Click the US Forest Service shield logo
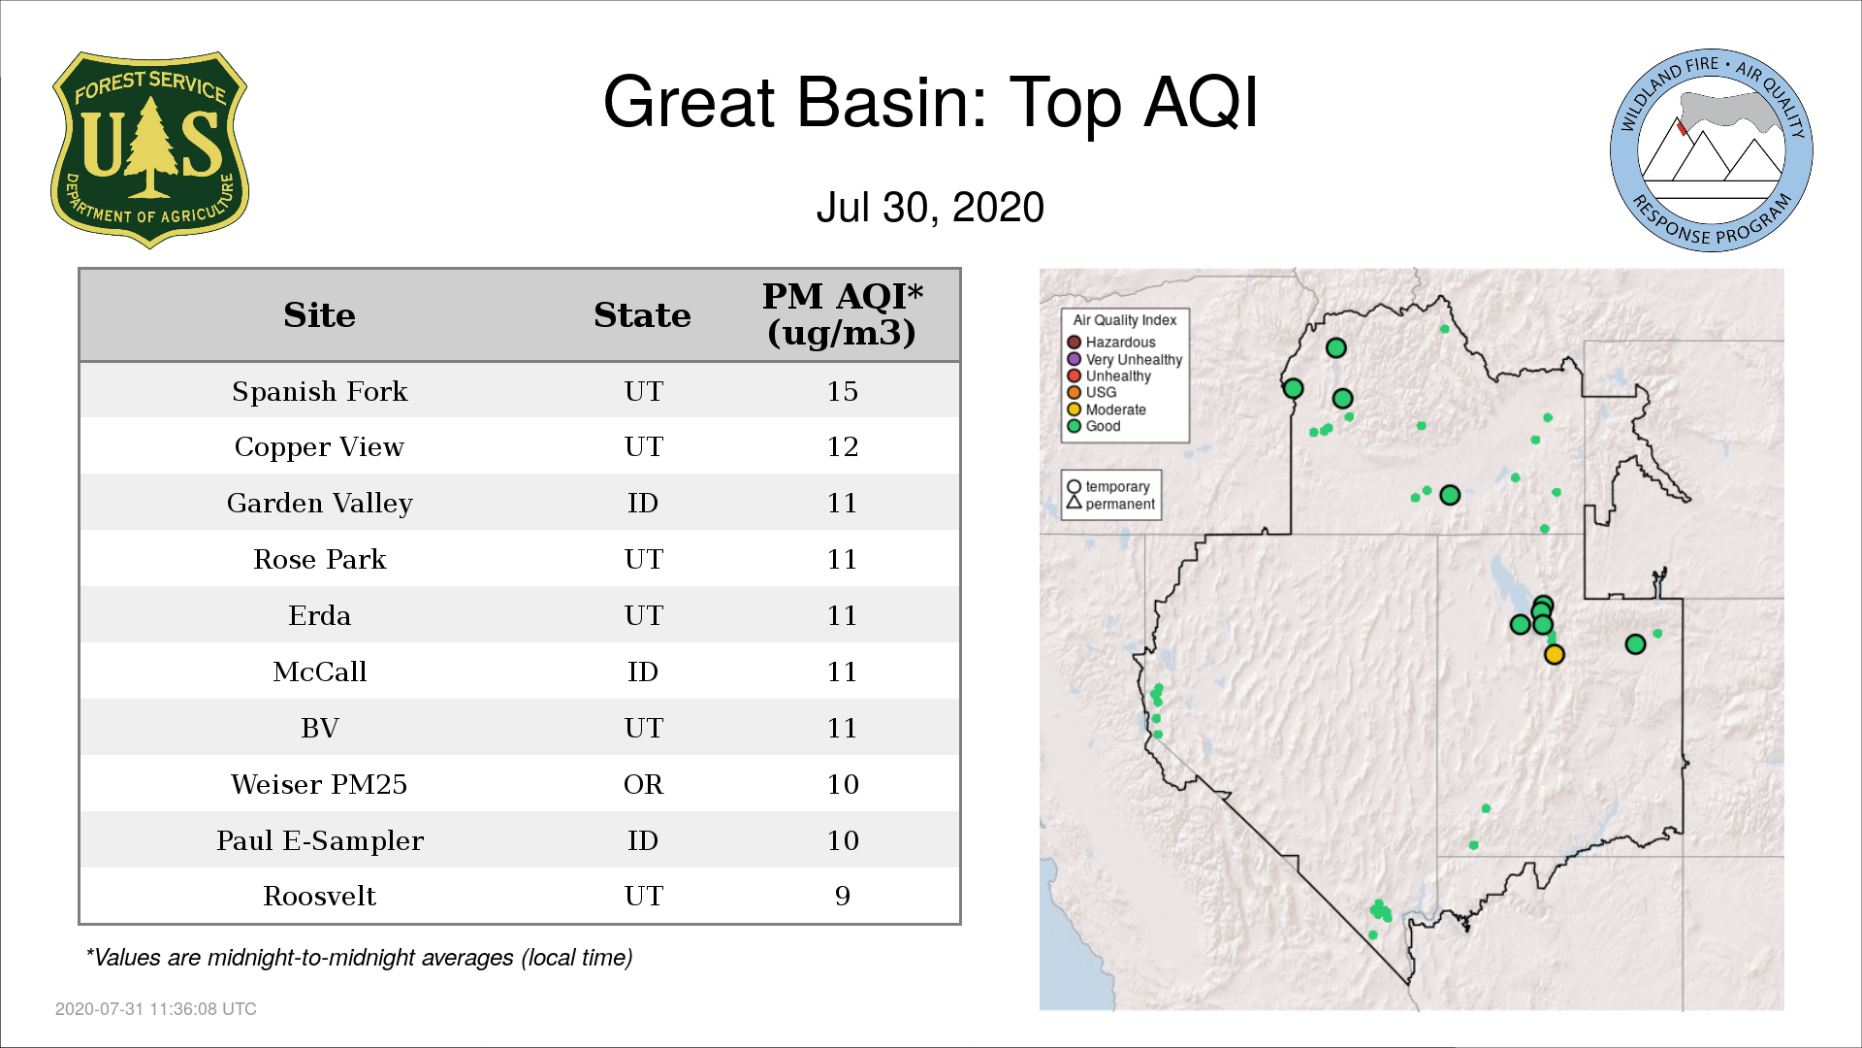pos(149,150)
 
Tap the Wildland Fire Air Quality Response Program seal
pos(1711,150)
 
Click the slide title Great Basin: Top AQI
pos(930,102)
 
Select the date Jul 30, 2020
pos(930,208)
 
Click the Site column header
pos(319,315)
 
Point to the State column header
pos(642,315)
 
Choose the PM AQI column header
pos(842,314)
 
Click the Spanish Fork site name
pos(319,391)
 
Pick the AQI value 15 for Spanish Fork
pos(842,391)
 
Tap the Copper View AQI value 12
pos(842,446)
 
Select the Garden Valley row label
pos(319,503)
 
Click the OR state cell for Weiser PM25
pos(643,784)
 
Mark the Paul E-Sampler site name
pos(319,840)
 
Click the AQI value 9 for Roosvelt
pos(842,896)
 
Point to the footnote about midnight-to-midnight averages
pos(359,958)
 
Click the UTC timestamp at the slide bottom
pos(156,1009)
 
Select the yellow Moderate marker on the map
pos(1554,655)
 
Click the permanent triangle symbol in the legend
pos(1074,503)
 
